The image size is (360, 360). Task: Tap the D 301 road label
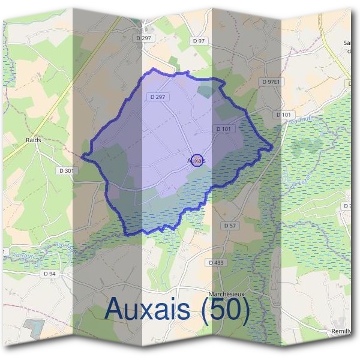[x=68, y=170]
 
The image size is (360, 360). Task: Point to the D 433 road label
[x=216, y=263]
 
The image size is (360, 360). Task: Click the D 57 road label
[x=229, y=226]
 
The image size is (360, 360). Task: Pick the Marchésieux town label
[x=226, y=293]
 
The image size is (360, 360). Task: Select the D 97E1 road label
[x=272, y=81]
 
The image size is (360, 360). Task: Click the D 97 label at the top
[x=200, y=40]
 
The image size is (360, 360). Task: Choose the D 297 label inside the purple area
[x=157, y=96]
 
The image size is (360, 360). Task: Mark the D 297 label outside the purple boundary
[x=145, y=37]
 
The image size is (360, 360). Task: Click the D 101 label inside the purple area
[x=224, y=128]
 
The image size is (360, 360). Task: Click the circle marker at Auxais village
[x=197, y=160]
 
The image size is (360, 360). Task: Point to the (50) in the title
[x=225, y=310]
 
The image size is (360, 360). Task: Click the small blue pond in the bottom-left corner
[x=34, y=328]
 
